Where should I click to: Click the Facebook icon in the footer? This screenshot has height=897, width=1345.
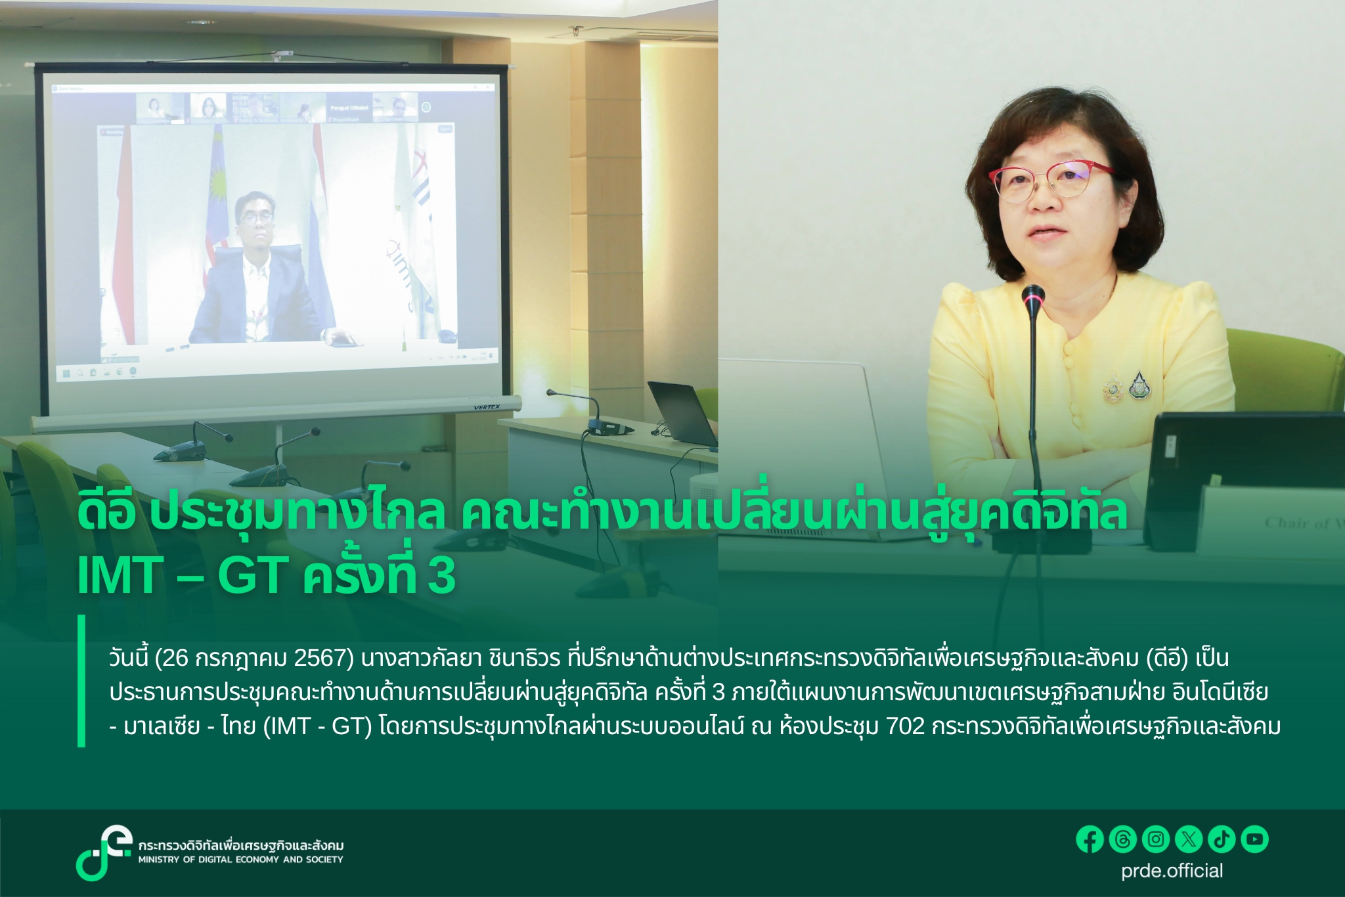1090,839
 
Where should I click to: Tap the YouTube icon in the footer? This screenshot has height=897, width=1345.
1254,839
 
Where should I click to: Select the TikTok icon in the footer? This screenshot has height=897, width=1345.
1222,839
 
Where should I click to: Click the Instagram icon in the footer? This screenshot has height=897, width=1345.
1156,839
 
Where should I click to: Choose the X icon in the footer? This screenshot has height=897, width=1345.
1189,839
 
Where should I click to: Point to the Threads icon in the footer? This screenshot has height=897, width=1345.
1123,839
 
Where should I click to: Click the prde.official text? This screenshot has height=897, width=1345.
1172,871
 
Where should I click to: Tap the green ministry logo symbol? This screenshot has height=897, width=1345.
102,852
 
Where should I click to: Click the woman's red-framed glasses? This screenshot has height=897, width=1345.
1051,181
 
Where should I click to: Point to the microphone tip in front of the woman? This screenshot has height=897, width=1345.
1033,296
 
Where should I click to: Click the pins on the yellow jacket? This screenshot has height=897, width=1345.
1126,388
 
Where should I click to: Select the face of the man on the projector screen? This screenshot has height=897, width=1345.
256,220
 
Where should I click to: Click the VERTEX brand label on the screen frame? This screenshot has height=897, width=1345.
487,407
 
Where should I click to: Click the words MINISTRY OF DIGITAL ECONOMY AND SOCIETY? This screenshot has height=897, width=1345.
240,860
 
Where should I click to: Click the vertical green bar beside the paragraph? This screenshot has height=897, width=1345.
81,681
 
